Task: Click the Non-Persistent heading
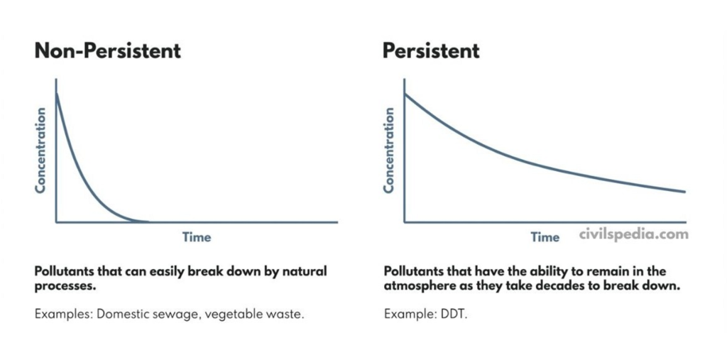pyautogui.click(x=108, y=51)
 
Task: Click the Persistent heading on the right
pyautogui.click(x=431, y=51)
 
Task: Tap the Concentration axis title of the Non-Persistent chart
pyautogui.click(x=41, y=150)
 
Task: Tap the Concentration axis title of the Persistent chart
pyautogui.click(x=389, y=150)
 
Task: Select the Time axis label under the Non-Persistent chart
pyautogui.click(x=197, y=236)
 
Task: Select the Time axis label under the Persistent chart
pyautogui.click(x=545, y=236)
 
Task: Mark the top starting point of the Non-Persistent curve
pyautogui.click(x=56, y=93)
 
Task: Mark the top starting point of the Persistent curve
pyautogui.click(x=405, y=94)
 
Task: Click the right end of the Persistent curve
pyautogui.click(x=684, y=192)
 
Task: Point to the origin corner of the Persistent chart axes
pyautogui.click(x=405, y=222)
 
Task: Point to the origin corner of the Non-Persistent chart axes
pyautogui.click(x=56, y=222)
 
